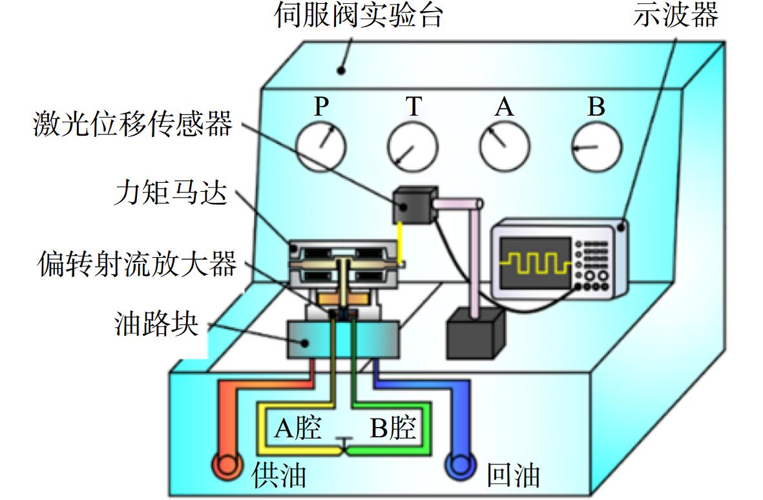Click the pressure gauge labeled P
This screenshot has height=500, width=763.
[x=320, y=147]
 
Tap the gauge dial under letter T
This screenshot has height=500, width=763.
[x=413, y=147]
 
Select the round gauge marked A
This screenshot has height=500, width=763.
[x=505, y=147]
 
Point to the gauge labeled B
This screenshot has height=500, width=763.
[x=596, y=147]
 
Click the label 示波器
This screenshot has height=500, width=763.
[x=675, y=15]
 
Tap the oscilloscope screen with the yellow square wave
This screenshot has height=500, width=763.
[x=536, y=263]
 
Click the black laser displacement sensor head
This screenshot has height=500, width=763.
[x=413, y=205]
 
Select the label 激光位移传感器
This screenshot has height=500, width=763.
[x=132, y=123]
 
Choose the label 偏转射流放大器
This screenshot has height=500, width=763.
[x=137, y=264]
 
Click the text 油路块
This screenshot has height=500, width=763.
[x=157, y=324]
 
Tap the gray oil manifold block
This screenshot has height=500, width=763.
[x=343, y=340]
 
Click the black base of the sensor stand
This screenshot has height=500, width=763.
[x=475, y=334]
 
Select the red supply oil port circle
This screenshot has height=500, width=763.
[x=227, y=466]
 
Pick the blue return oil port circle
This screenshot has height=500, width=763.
[x=461, y=466]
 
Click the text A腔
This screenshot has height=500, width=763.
[x=298, y=428]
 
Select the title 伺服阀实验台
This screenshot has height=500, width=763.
[x=358, y=15]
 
